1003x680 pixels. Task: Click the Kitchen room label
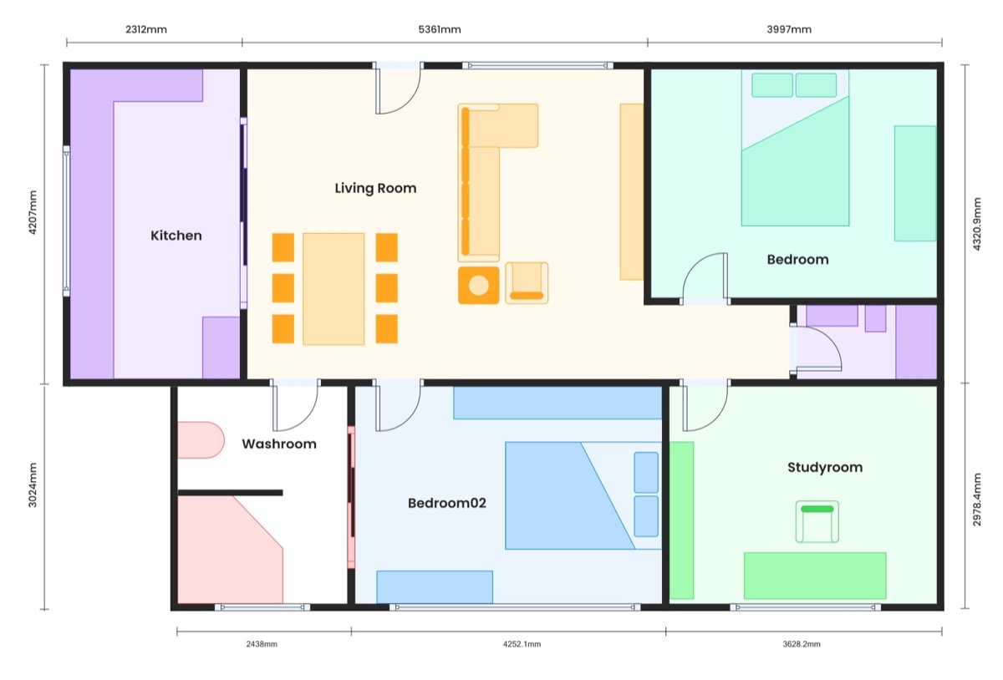pos(176,236)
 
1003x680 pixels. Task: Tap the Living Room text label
pos(375,188)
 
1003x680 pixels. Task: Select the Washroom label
pos(279,444)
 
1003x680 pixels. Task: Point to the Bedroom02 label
pos(447,503)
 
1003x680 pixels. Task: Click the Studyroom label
pos(825,467)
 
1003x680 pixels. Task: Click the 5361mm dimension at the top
pos(440,29)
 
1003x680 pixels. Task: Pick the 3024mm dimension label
pos(33,485)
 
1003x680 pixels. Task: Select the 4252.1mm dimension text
pos(522,644)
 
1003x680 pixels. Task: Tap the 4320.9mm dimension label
pos(977,224)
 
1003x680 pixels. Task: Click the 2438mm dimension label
pos(262,644)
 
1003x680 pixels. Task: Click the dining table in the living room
pos(333,289)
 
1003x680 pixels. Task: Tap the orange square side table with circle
pos(478,285)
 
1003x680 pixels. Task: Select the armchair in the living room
pos(527,283)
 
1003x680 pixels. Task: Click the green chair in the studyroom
pos(817,521)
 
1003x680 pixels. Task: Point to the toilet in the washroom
pos(201,439)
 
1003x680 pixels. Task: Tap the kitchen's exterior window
pos(66,221)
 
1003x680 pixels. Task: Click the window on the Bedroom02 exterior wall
pos(515,607)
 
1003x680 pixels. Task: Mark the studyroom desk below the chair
pos(815,576)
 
